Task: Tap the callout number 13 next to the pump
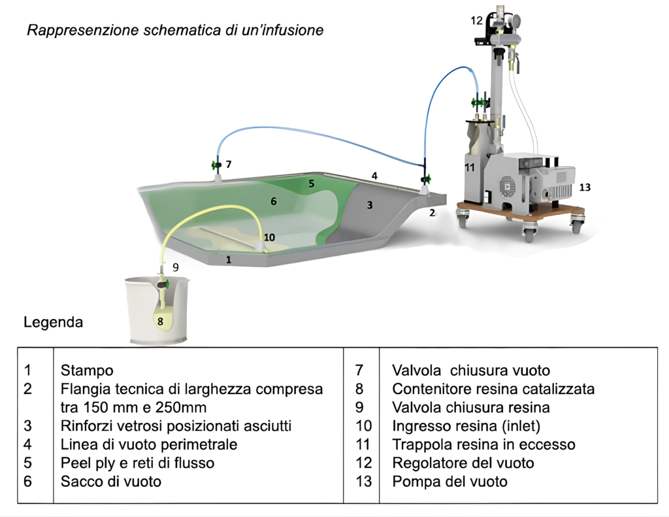[x=585, y=187]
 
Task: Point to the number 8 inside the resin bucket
[x=159, y=320]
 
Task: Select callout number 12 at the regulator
[x=476, y=20]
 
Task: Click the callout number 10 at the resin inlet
[x=269, y=237]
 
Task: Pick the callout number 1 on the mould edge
[x=229, y=259]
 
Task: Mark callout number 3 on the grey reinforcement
[x=369, y=205]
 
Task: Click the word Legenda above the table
[x=53, y=322]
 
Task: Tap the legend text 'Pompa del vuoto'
[x=449, y=482]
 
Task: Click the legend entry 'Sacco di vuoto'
[x=110, y=482]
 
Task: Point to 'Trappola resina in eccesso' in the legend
[x=483, y=444]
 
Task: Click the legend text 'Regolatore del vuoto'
[x=463, y=463]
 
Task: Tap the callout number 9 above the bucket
[x=175, y=267]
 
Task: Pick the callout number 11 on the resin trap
[x=469, y=167]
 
